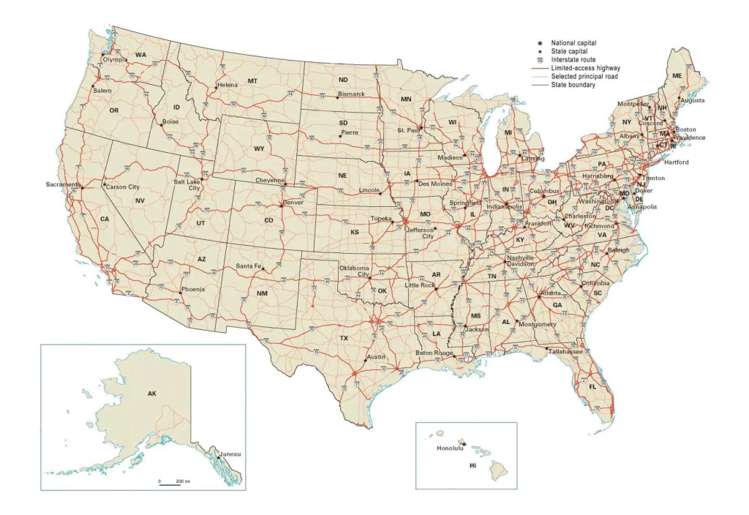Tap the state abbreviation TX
click(343, 338)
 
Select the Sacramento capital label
click(61, 184)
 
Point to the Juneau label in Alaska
click(230, 454)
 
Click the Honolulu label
click(450, 448)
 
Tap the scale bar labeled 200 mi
click(174, 481)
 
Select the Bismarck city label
click(353, 94)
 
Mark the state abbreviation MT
click(252, 80)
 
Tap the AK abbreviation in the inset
click(152, 394)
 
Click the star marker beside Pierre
click(340, 135)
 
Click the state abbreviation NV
click(140, 200)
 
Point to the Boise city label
click(170, 121)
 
